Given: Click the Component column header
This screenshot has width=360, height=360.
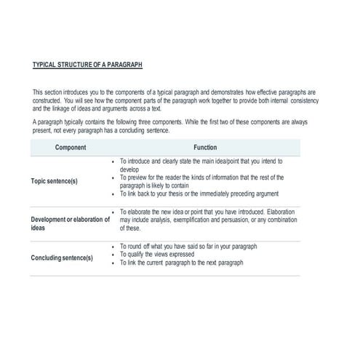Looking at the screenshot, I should point(71,147).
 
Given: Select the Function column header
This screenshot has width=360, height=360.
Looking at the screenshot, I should point(205,147).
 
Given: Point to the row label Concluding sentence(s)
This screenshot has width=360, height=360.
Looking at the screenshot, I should point(62,258).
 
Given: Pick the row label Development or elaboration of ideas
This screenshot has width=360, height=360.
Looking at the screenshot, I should point(70,223).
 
